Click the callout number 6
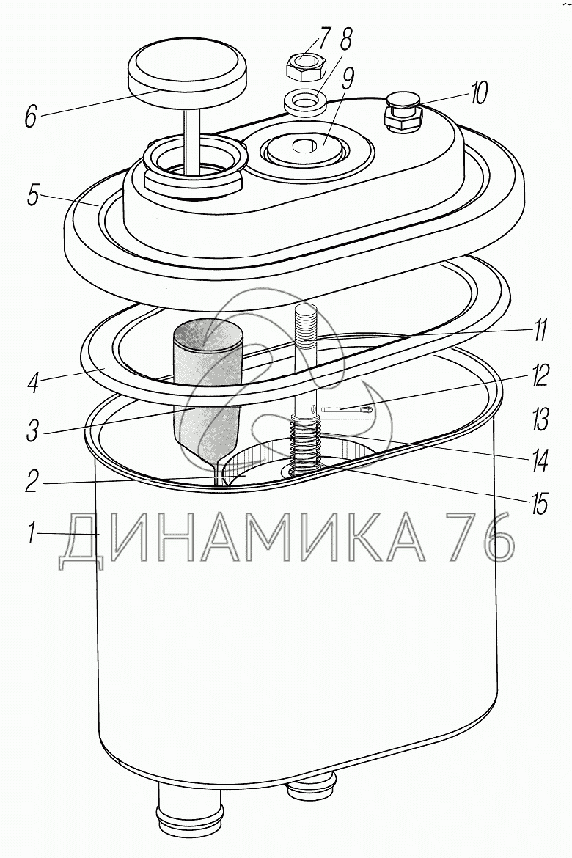tap(32, 116)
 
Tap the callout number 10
tap(477, 94)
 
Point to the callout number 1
tap(33, 532)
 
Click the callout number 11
tap(540, 331)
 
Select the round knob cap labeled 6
tap(188, 70)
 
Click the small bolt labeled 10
tap(403, 111)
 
